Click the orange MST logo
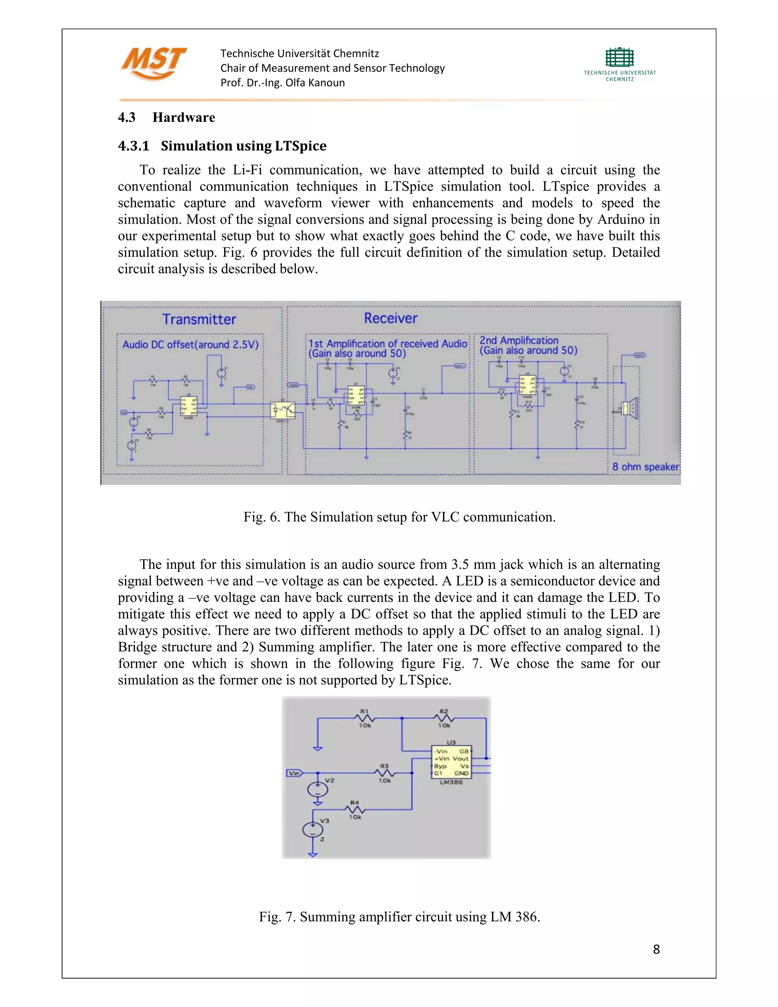click(153, 63)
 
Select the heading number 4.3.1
click(134, 146)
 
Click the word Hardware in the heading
click(184, 117)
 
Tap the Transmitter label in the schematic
click(199, 320)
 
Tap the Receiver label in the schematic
click(391, 318)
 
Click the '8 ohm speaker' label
click(645, 467)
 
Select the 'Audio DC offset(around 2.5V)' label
click(190, 344)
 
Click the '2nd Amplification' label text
click(519, 340)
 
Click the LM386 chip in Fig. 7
click(451, 762)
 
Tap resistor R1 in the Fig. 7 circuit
click(365, 718)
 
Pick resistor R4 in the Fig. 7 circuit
click(354, 809)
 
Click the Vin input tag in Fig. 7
click(294, 773)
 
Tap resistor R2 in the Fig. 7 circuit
click(444, 718)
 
